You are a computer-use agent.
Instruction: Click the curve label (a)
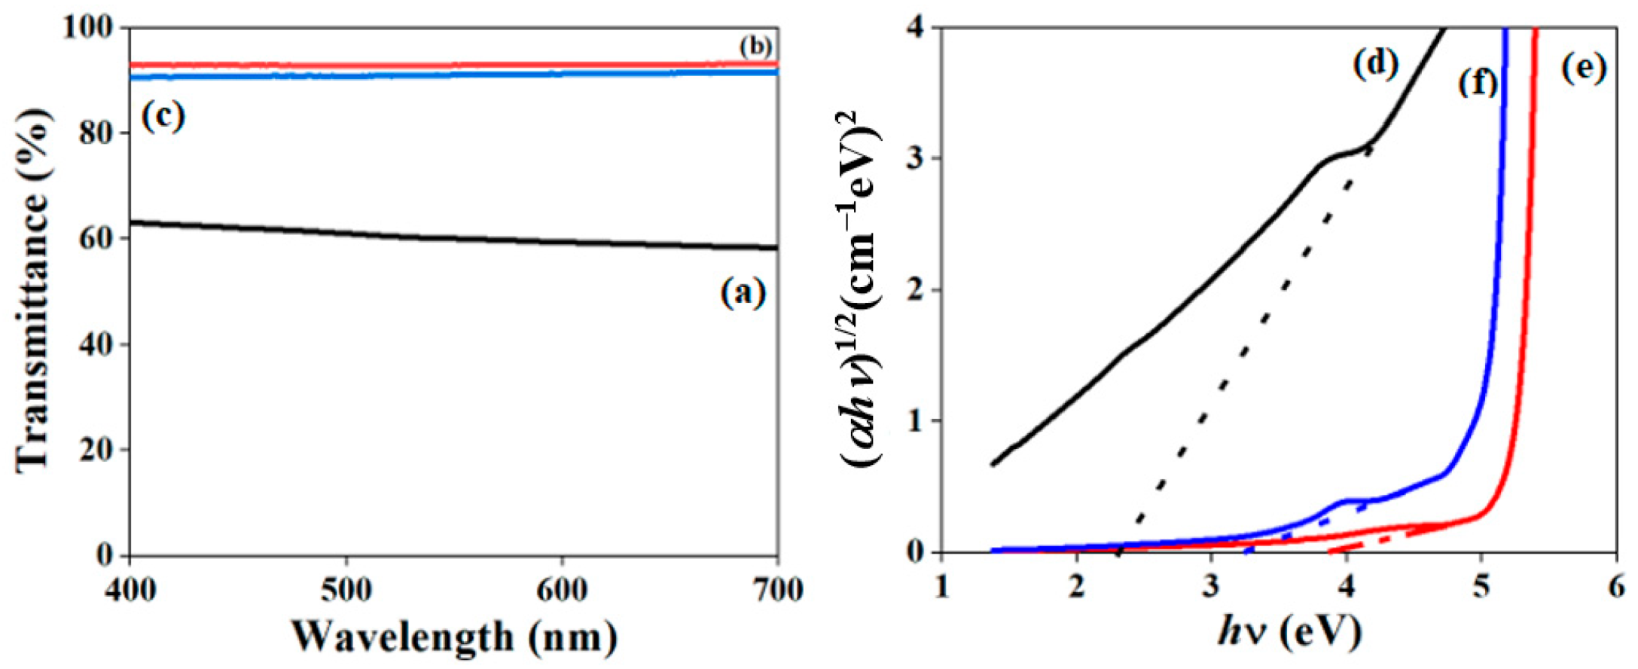coord(743,292)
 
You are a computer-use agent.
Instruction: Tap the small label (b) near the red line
coord(755,47)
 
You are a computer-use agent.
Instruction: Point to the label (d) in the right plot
coord(1376,64)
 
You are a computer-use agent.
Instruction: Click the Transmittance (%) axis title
coord(33,291)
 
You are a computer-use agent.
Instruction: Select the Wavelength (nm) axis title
coord(454,637)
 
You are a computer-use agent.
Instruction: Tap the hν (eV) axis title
coord(1289,631)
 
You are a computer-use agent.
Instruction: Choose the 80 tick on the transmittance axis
coord(97,133)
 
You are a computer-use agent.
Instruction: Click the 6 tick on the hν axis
coord(1616,587)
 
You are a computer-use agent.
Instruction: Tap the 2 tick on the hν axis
coord(1078,587)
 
